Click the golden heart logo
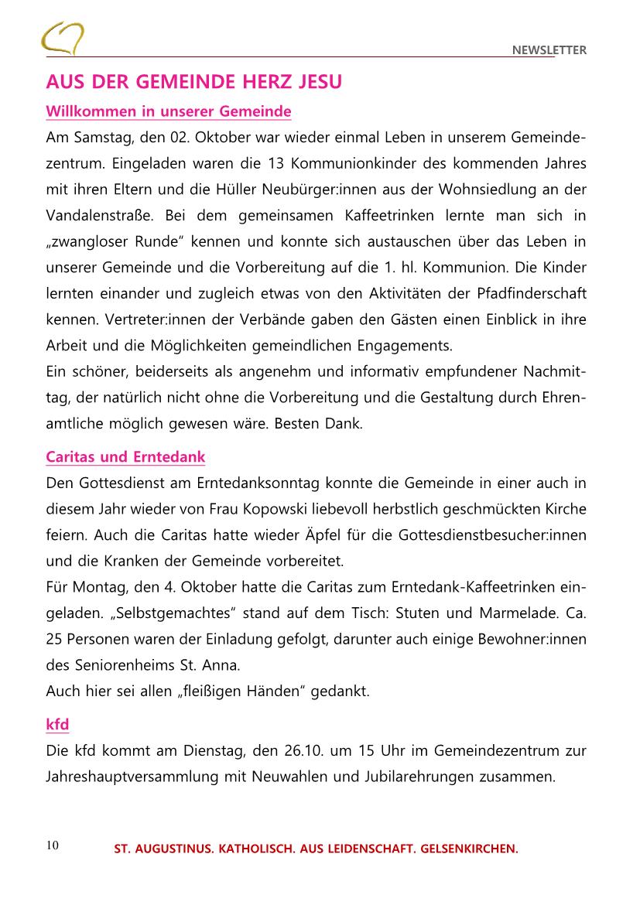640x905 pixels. click(x=63, y=38)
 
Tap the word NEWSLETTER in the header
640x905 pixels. click(x=549, y=50)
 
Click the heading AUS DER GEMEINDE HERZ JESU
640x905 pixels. click(x=193, y=82)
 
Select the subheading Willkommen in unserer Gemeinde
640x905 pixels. click(x=169, y=112)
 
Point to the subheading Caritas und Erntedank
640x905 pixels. click(x=125, y=456)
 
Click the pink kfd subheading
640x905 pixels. click(x=57, y=724)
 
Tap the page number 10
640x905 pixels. click(x=53, y=845)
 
